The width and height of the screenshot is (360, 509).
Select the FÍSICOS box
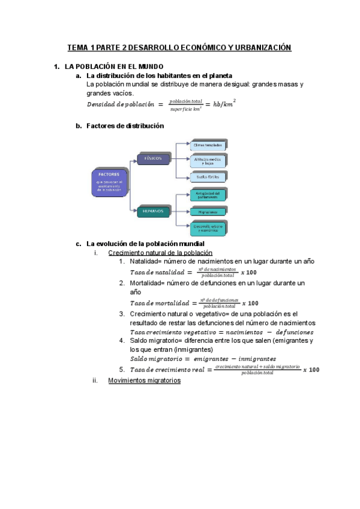tap(154, 158)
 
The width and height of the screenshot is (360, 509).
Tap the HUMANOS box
tap(154, 211)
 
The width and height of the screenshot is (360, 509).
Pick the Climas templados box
tap(208, 145)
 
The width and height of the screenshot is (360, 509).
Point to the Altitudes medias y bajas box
tap(208, 161)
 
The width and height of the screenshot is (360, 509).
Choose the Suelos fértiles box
tap(208, 176)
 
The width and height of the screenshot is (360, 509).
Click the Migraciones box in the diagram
tap(208, 212)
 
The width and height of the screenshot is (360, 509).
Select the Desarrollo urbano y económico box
tap(208, 228)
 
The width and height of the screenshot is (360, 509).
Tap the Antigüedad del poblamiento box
tap(208, 194)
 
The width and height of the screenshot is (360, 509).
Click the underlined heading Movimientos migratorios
tap(144, 381)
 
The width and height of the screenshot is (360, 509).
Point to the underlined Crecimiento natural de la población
tap(160, 253)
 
